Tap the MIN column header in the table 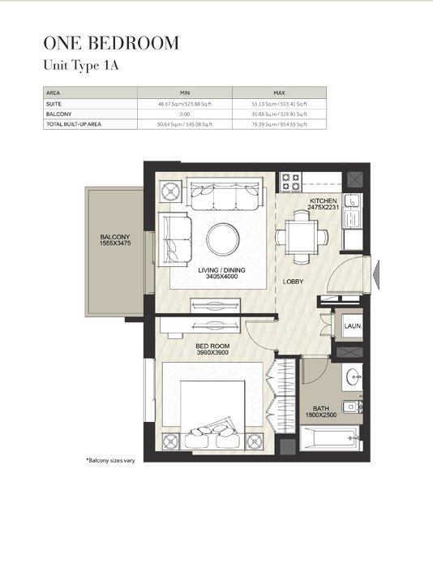[184, 93]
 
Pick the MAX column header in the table [279, 93]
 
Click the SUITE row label [54, 104]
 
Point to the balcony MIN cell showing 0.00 [184, 114]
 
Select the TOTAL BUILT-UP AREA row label [73, 124]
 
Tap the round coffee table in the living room [222, 239]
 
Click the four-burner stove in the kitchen [290, 181]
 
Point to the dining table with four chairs [302, 238]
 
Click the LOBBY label [293, 282]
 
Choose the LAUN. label [352, 326]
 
